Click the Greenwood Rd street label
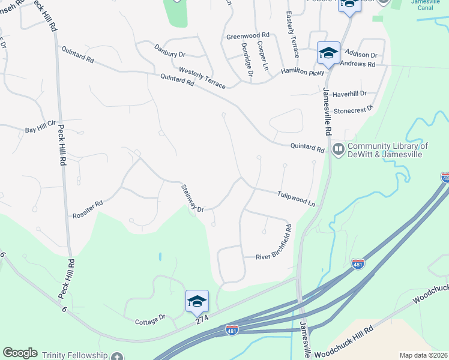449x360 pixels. [x=248, y=36]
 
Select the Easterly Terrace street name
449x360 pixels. [x=292, y=29]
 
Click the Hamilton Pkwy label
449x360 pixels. [x=303, y=71]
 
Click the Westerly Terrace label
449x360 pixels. [x=202, y=78]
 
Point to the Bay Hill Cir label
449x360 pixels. [x=40, y=130]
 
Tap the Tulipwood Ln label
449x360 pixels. [x=296, y=199]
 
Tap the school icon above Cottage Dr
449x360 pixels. [x=197, y=301]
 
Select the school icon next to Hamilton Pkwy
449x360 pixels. [x=328, y=53]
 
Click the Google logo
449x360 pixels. [x=20, y=353]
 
